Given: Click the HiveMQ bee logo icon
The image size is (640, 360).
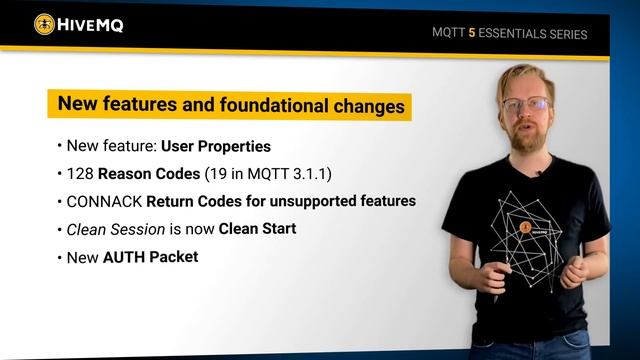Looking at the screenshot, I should coord(45,24).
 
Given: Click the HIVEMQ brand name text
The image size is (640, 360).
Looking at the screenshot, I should coord(92,25).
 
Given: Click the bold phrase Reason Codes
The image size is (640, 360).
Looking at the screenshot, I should coord(140,173).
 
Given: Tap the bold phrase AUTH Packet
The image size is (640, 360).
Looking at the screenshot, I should coord(150,257).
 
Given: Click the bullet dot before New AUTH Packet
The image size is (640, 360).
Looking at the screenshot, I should coord(60,257).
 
